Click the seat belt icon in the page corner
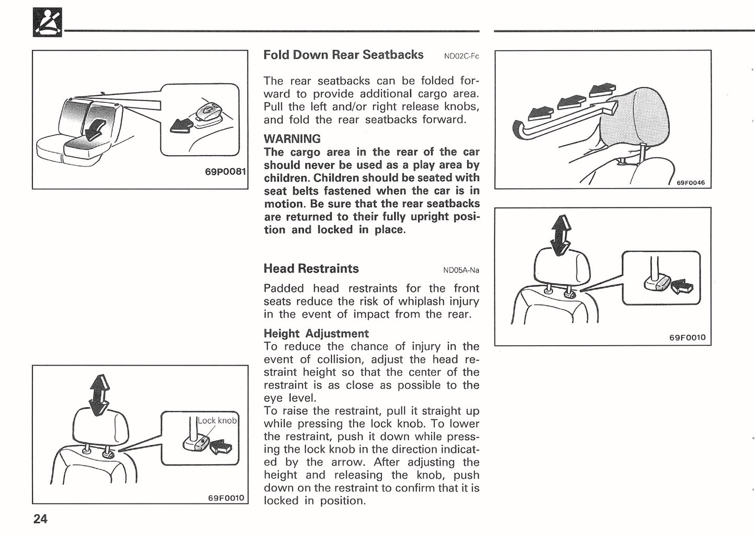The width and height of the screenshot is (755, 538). tap(47, 22)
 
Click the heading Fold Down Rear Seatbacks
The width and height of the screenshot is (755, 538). tap(343, 55)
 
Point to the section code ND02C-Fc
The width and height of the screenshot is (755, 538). tap(461, 56)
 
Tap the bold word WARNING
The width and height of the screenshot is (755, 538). tap(292, 139)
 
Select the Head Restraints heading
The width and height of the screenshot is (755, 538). tap(311, 268)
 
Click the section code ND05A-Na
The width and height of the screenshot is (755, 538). tap(461, 271)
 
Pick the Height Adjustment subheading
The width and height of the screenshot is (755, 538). tap(316, 333)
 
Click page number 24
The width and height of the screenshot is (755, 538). tap(40, 519)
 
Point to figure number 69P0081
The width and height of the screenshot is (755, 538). tap(225, 171)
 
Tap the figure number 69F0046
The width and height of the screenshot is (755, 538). tap(690, 183)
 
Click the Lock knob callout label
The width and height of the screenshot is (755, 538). tap(217, 420)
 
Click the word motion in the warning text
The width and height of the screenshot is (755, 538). tap(283, 204)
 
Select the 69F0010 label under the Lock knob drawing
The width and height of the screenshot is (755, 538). tap(226, 498)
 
